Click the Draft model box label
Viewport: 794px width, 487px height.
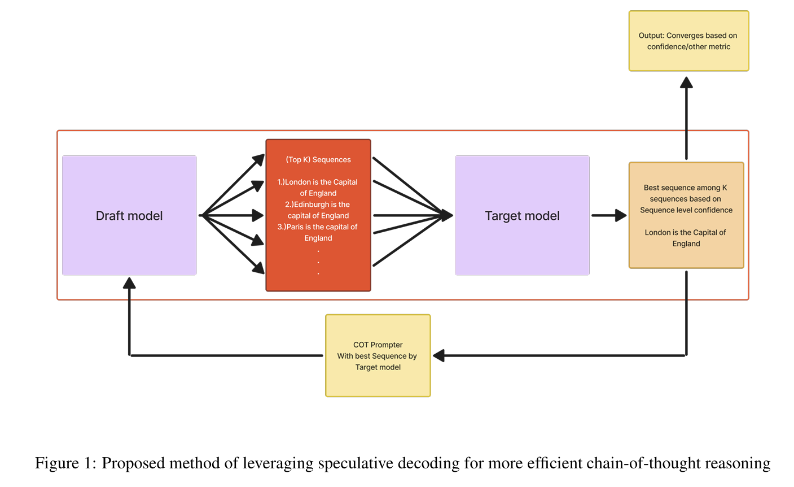tap(129, 216)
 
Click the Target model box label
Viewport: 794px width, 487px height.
tap(522, 216)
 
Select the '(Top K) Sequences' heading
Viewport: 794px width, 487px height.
tap(318, 160)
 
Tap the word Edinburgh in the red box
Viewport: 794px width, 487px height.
tap(312, 205)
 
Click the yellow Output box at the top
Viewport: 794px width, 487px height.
tap(688, 41)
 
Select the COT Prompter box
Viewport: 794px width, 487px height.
tap(378, 356)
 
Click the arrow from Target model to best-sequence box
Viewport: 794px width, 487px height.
tap(608, 215)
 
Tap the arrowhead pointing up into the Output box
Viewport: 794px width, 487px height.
tap(686, 83)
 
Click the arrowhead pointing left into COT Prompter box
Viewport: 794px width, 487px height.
tap(439, 356)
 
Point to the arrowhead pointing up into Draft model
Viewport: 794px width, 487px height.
tap(130, 283)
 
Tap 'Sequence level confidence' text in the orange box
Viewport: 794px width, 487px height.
tap(686, 210)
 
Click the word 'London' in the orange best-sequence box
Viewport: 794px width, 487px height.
tap(657, 233)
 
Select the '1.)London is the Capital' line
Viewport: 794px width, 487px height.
tap(318, 182)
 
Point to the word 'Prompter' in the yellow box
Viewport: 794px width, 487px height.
tap(387, 345)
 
